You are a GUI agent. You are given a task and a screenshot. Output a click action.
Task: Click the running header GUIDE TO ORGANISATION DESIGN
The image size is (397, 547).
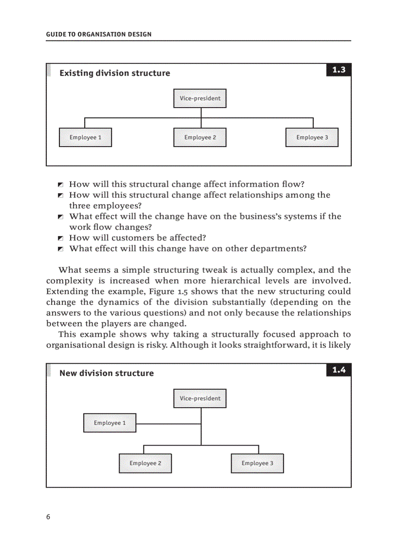click(x=99, y=35)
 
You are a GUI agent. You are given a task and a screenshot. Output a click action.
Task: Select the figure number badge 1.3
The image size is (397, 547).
click(x=339, y=70)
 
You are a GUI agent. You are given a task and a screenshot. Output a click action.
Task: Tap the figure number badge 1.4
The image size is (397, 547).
click(x=339, y=370)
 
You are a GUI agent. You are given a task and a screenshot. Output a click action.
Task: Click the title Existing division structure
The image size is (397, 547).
click(x=115, y=74)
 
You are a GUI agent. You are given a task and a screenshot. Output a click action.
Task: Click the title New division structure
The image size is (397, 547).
click(x=107, y=374)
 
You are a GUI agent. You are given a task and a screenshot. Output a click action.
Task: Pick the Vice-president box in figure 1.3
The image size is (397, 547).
click(x=200, y=98)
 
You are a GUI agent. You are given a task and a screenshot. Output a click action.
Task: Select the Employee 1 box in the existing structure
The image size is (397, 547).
click(x=85, y=137)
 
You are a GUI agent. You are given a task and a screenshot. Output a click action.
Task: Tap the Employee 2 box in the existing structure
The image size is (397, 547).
click(x=200, y=137)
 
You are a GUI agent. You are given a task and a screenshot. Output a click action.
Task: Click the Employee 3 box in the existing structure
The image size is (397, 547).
click(x=312, y=137)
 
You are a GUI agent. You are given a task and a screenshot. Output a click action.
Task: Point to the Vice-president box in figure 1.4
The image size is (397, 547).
click(x=200, y=398)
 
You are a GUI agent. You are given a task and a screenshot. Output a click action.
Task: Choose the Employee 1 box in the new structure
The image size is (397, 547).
click(x=110, y=423)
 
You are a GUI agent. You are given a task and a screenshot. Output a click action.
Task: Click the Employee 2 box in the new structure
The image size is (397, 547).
click(x=145, y=463)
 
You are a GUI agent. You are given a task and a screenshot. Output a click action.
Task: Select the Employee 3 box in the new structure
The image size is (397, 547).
click(x=257, y=463)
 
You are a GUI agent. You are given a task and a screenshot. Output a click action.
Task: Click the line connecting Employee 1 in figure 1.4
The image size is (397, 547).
click(x=168, y=424)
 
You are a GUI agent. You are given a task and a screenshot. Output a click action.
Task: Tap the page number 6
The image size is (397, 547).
click(x=48, y=517)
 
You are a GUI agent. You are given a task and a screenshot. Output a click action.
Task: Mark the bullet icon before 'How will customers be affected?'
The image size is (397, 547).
click(x=60, y=238)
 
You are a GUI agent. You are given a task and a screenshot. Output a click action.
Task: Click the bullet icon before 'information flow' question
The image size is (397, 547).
click(x=60, y=185)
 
